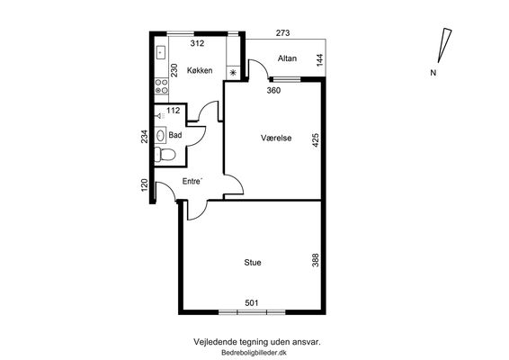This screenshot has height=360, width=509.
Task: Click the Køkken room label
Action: pos(200,70)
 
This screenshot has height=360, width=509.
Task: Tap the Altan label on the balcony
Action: pos(287,58)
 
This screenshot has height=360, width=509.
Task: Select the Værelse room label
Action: pos(276,138)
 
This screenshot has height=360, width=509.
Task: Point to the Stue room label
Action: pos(253,263)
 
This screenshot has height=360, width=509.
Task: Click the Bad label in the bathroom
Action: pos(175,135)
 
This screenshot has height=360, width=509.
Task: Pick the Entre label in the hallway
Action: pos(192,181)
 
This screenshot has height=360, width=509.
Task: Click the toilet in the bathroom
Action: pos(165,154)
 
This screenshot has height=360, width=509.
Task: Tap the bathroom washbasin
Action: pos(160,135)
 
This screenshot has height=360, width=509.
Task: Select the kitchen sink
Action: pos(161,52)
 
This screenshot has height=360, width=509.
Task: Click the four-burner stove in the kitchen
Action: pos(161,86)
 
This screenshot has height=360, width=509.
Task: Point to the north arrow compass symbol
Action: pos(444,46)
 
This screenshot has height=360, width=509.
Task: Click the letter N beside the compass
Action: pos(433,73)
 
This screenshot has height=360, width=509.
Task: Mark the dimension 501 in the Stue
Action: pos(252,303)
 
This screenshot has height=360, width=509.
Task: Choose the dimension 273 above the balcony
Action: pos(282,32)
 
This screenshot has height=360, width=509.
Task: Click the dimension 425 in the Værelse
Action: pos(316,140)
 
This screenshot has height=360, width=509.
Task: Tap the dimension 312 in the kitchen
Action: pos(197,43)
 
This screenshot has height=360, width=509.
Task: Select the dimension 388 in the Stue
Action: pos(316,260)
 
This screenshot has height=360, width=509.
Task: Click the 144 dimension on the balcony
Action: pos(320,60)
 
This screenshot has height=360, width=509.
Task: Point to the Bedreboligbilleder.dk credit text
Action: pos(254,353)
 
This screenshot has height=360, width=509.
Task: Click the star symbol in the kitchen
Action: pos(233,73)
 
